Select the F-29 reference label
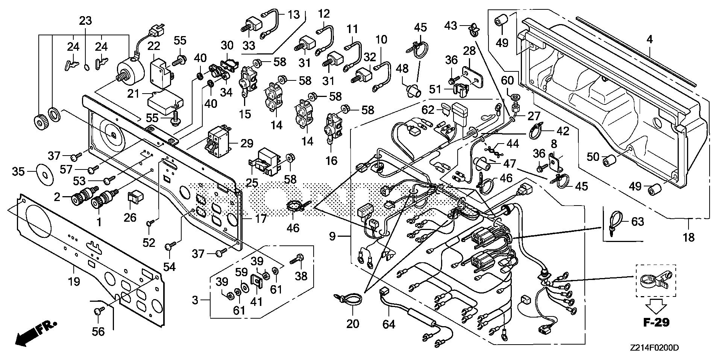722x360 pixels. point(655,322)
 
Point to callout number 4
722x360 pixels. point(650,39)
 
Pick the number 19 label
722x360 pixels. point(74,281)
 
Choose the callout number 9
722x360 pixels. point(332,236)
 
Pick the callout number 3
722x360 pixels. point(195,300)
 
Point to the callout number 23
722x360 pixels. point(85,21)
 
